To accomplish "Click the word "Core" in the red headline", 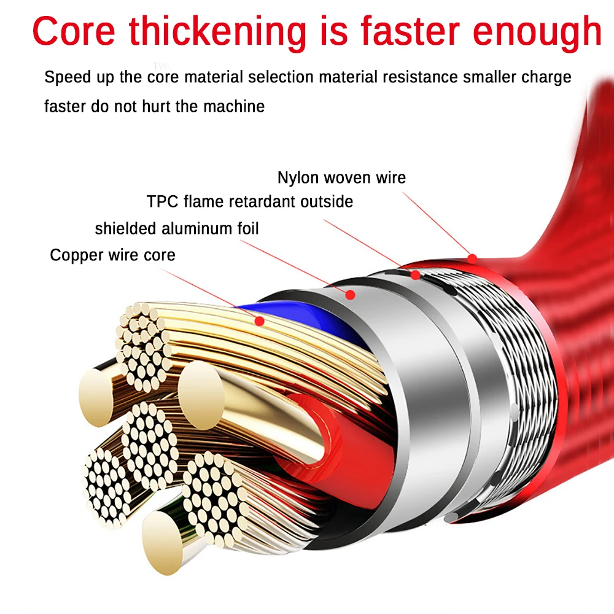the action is coord(74,31).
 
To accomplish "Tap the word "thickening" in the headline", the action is coord(218,33).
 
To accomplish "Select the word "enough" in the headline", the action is coord(537,33).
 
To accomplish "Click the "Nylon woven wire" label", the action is coord(341,178).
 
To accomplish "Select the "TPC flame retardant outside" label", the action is coord(250,201).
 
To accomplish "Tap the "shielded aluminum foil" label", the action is coord(177,228).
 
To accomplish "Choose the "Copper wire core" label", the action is coord(112,255).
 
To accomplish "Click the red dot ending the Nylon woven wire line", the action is coord(472,259).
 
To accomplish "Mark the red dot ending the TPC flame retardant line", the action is coord(415,275).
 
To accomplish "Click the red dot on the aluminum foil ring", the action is coord(351,295).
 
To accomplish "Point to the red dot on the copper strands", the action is coord(259,321).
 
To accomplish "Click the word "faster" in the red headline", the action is coord(410,31).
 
